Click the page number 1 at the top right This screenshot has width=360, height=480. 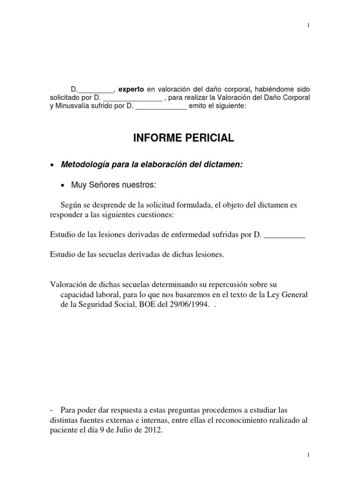click(x=308, y=25)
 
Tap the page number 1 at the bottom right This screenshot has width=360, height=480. click(x=308, y=455)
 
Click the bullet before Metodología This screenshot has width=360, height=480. click(x=52, y=165)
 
